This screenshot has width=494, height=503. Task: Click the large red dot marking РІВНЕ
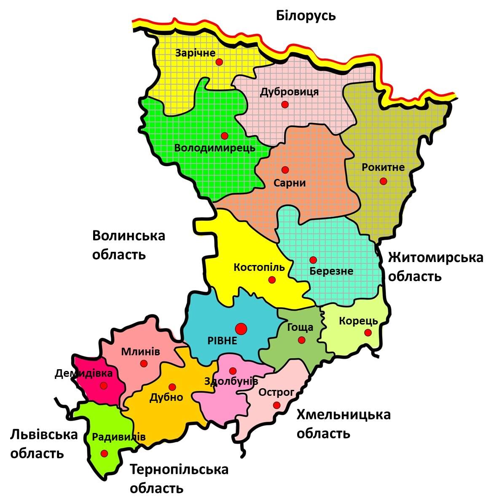tap(241, 328)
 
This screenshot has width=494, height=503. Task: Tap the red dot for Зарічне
tap(219, 62)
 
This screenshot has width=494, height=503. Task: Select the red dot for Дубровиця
tap(285, 104)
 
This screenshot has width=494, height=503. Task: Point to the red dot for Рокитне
tap(383, 181)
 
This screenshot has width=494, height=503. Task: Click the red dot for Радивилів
tap(104, 453)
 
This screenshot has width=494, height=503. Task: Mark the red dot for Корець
tap(368, 333)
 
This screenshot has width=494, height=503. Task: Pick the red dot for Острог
tap(277, 405)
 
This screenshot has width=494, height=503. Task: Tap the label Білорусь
tap(306, 16)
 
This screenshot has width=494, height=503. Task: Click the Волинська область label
tap(128, 245)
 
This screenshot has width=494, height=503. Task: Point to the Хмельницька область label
tap(343, 423)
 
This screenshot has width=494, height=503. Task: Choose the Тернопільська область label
tap(179, 479)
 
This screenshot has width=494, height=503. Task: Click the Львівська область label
tap(44, 444)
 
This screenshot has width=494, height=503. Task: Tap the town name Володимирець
tap(215, 148)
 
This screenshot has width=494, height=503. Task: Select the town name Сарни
tap(289, 183)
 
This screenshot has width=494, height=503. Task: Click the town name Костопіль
tap(259, 268)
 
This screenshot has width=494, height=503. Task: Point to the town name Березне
tap(331, 271)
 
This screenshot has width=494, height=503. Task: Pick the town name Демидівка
tap(84, 373)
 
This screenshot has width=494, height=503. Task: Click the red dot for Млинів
tap(144, 363)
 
